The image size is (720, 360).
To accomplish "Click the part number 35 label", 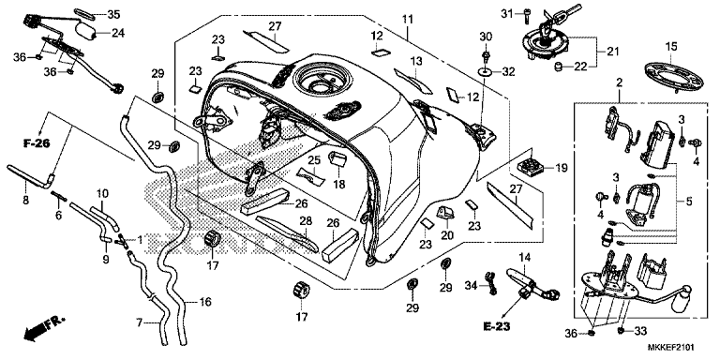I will (113, 14).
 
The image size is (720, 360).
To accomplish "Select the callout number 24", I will (118, 33).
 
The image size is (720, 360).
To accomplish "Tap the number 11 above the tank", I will (407, 19).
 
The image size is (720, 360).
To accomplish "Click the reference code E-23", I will (499, 328).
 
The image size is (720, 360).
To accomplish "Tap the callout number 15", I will (670, 47).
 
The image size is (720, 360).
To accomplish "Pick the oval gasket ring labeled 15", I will (671, 78).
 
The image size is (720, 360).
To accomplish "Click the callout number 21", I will (613, 50).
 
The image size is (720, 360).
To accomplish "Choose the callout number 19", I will (562, 169).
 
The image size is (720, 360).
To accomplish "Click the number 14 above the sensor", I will (526, 256).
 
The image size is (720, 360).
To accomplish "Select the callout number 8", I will (25, 199).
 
